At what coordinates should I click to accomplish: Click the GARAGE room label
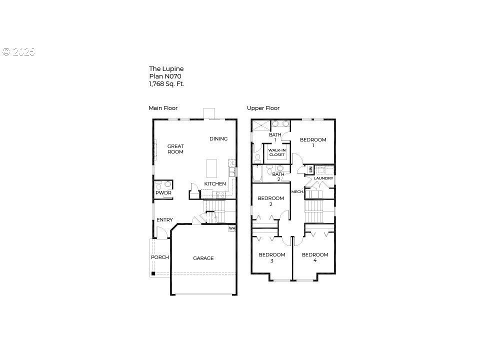(x=203, y=258)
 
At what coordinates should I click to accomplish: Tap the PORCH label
(x=160, y=257)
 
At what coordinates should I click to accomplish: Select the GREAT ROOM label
(x=175, y=149)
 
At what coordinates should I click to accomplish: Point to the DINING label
(x=218, y=139)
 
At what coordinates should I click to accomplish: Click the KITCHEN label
(x=215, y=184)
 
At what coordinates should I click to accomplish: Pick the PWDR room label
(x=163, y=193)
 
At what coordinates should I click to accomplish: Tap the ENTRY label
(x=164, y=220)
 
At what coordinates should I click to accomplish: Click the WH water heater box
(x=232, y=228)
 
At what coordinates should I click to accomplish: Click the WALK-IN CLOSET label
(x=276, y=152)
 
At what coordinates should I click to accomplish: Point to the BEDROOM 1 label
(x=313, y=142)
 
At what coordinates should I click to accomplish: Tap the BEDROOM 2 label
(x=270, y=201)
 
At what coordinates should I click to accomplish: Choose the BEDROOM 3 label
(x=271, y=257)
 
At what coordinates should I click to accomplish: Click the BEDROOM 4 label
(x=314, y=257)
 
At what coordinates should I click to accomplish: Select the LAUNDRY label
(x=323, y=178)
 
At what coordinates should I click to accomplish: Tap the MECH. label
(x=297, y=192)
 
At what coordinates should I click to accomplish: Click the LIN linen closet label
(x=310, y=170)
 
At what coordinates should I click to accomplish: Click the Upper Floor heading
(x=263, y=108)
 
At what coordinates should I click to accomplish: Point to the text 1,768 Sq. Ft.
(x=166, y=84)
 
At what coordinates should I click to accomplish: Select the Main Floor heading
(x=163, y=108)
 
